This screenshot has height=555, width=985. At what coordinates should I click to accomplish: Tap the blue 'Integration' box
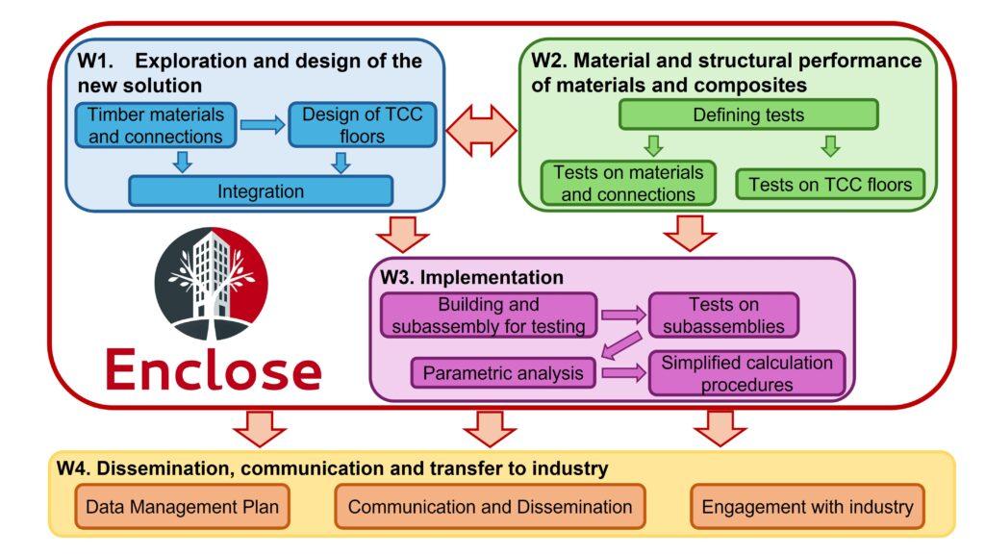tap(261, 190)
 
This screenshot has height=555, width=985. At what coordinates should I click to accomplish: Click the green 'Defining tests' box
tap(748, 114)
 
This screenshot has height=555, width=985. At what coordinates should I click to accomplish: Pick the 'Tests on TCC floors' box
tap(829, 183)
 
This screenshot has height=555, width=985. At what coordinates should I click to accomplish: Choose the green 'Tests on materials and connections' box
tap(628, 183)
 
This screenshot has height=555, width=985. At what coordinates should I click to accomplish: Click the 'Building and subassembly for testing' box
tap(490, 315)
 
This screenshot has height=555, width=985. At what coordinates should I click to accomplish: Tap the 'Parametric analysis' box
tap(503, 372)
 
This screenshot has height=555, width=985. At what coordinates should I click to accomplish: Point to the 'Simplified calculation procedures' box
tap(745, 373)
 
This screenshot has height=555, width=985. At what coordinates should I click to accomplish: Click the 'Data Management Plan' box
tap(182, 506)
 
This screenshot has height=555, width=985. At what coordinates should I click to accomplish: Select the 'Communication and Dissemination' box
tap(490, 506)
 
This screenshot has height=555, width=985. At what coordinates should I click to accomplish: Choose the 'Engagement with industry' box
tap(807, 506)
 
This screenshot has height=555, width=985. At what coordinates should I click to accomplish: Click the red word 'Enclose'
tap(213, 370)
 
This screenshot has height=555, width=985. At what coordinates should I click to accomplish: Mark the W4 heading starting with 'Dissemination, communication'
tap(332, 469)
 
